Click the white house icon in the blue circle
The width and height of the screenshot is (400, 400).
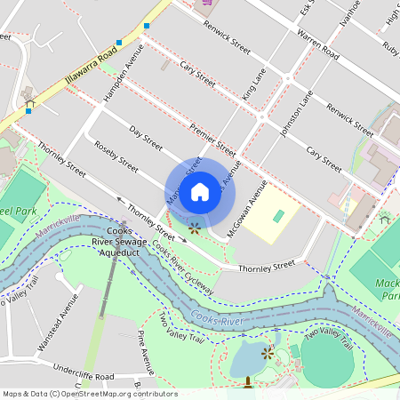point(200,191)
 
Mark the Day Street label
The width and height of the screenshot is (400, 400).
point(147,138)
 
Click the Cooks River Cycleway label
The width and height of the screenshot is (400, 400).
point(182,268)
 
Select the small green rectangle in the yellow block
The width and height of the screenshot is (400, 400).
point(279,216)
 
